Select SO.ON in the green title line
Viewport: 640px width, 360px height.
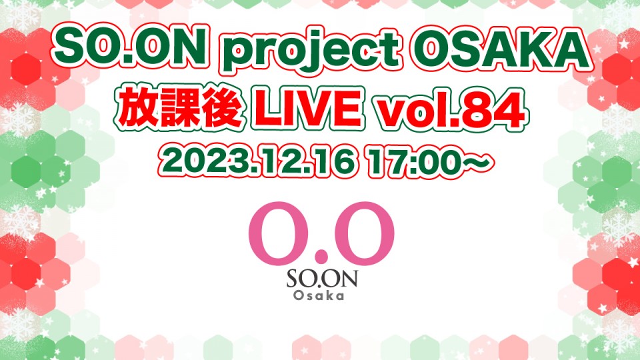pyautogui.click(x=131, y=49)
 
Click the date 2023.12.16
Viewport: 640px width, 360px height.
pyautogui.click(x=258, y=163)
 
